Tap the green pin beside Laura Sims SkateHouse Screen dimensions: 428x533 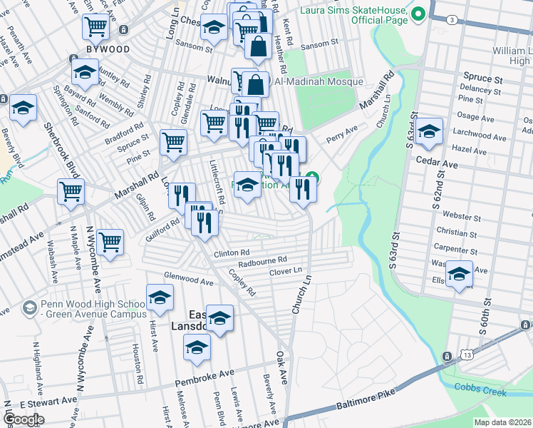point(418,14)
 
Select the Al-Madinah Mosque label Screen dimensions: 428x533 point(316,82)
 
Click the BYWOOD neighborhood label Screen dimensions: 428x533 point(108,49)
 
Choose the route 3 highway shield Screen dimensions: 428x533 point(452,20)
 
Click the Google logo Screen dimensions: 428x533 point(24,419)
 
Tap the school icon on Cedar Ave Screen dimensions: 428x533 point(429,132)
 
